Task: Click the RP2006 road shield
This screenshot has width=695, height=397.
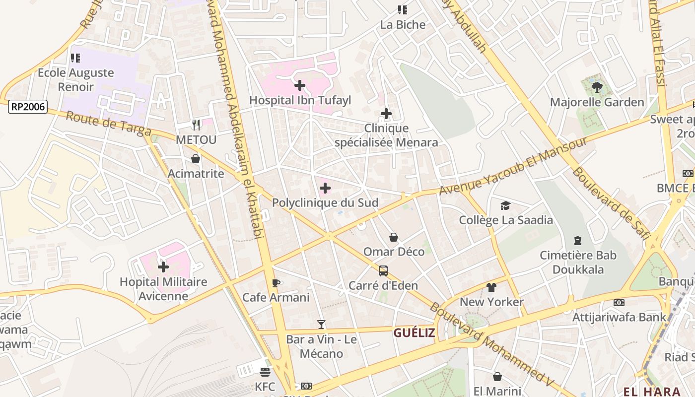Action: pyautogui.click(x=28, y=107)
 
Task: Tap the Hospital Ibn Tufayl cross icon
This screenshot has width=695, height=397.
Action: pyautogui.click(x=300, y=85)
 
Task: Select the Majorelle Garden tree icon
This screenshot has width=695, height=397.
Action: pyautogui.click(x=597, y=88)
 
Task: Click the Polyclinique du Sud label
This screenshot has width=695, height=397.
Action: pyautogui.click(x=325, y=202)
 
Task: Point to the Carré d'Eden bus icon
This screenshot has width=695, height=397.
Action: pyautogui.click(x=383, y=271)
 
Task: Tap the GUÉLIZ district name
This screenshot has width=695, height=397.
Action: pyautogui.click(x=414, y=332)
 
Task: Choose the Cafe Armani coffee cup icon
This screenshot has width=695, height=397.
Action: pyautogui.click(x=276, y=283)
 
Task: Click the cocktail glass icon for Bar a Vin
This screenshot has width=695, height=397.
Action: pyautogui.click(x=321, y=325)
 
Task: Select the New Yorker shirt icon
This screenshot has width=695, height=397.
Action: pyautogui.click(x=491, y=287)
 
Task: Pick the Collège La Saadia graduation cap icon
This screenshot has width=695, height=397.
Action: pyautogui.click(x=505, y=205)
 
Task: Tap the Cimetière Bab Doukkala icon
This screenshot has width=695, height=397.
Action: pyautogui.click(x=578, y=241)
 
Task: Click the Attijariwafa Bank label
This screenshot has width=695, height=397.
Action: pyautogui.click(x=619, y=317)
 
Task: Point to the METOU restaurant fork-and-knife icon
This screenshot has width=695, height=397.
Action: pyautogui.click(x=196, y=125)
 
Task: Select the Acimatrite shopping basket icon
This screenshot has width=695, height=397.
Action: pyautogui.click(x=196, y=159)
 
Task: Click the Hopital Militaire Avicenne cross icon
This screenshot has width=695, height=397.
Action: pyautogui.click(x=163, y=267)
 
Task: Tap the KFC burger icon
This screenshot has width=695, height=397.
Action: pyautogui.click(x=265, y=372)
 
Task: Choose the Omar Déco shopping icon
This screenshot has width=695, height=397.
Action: pyautogui.click(x=394, y=237)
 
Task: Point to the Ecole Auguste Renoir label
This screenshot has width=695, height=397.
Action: pyautogui.click(x=76, y=79)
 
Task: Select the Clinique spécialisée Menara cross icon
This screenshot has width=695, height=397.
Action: pyautogui.click(x=386, y=114)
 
